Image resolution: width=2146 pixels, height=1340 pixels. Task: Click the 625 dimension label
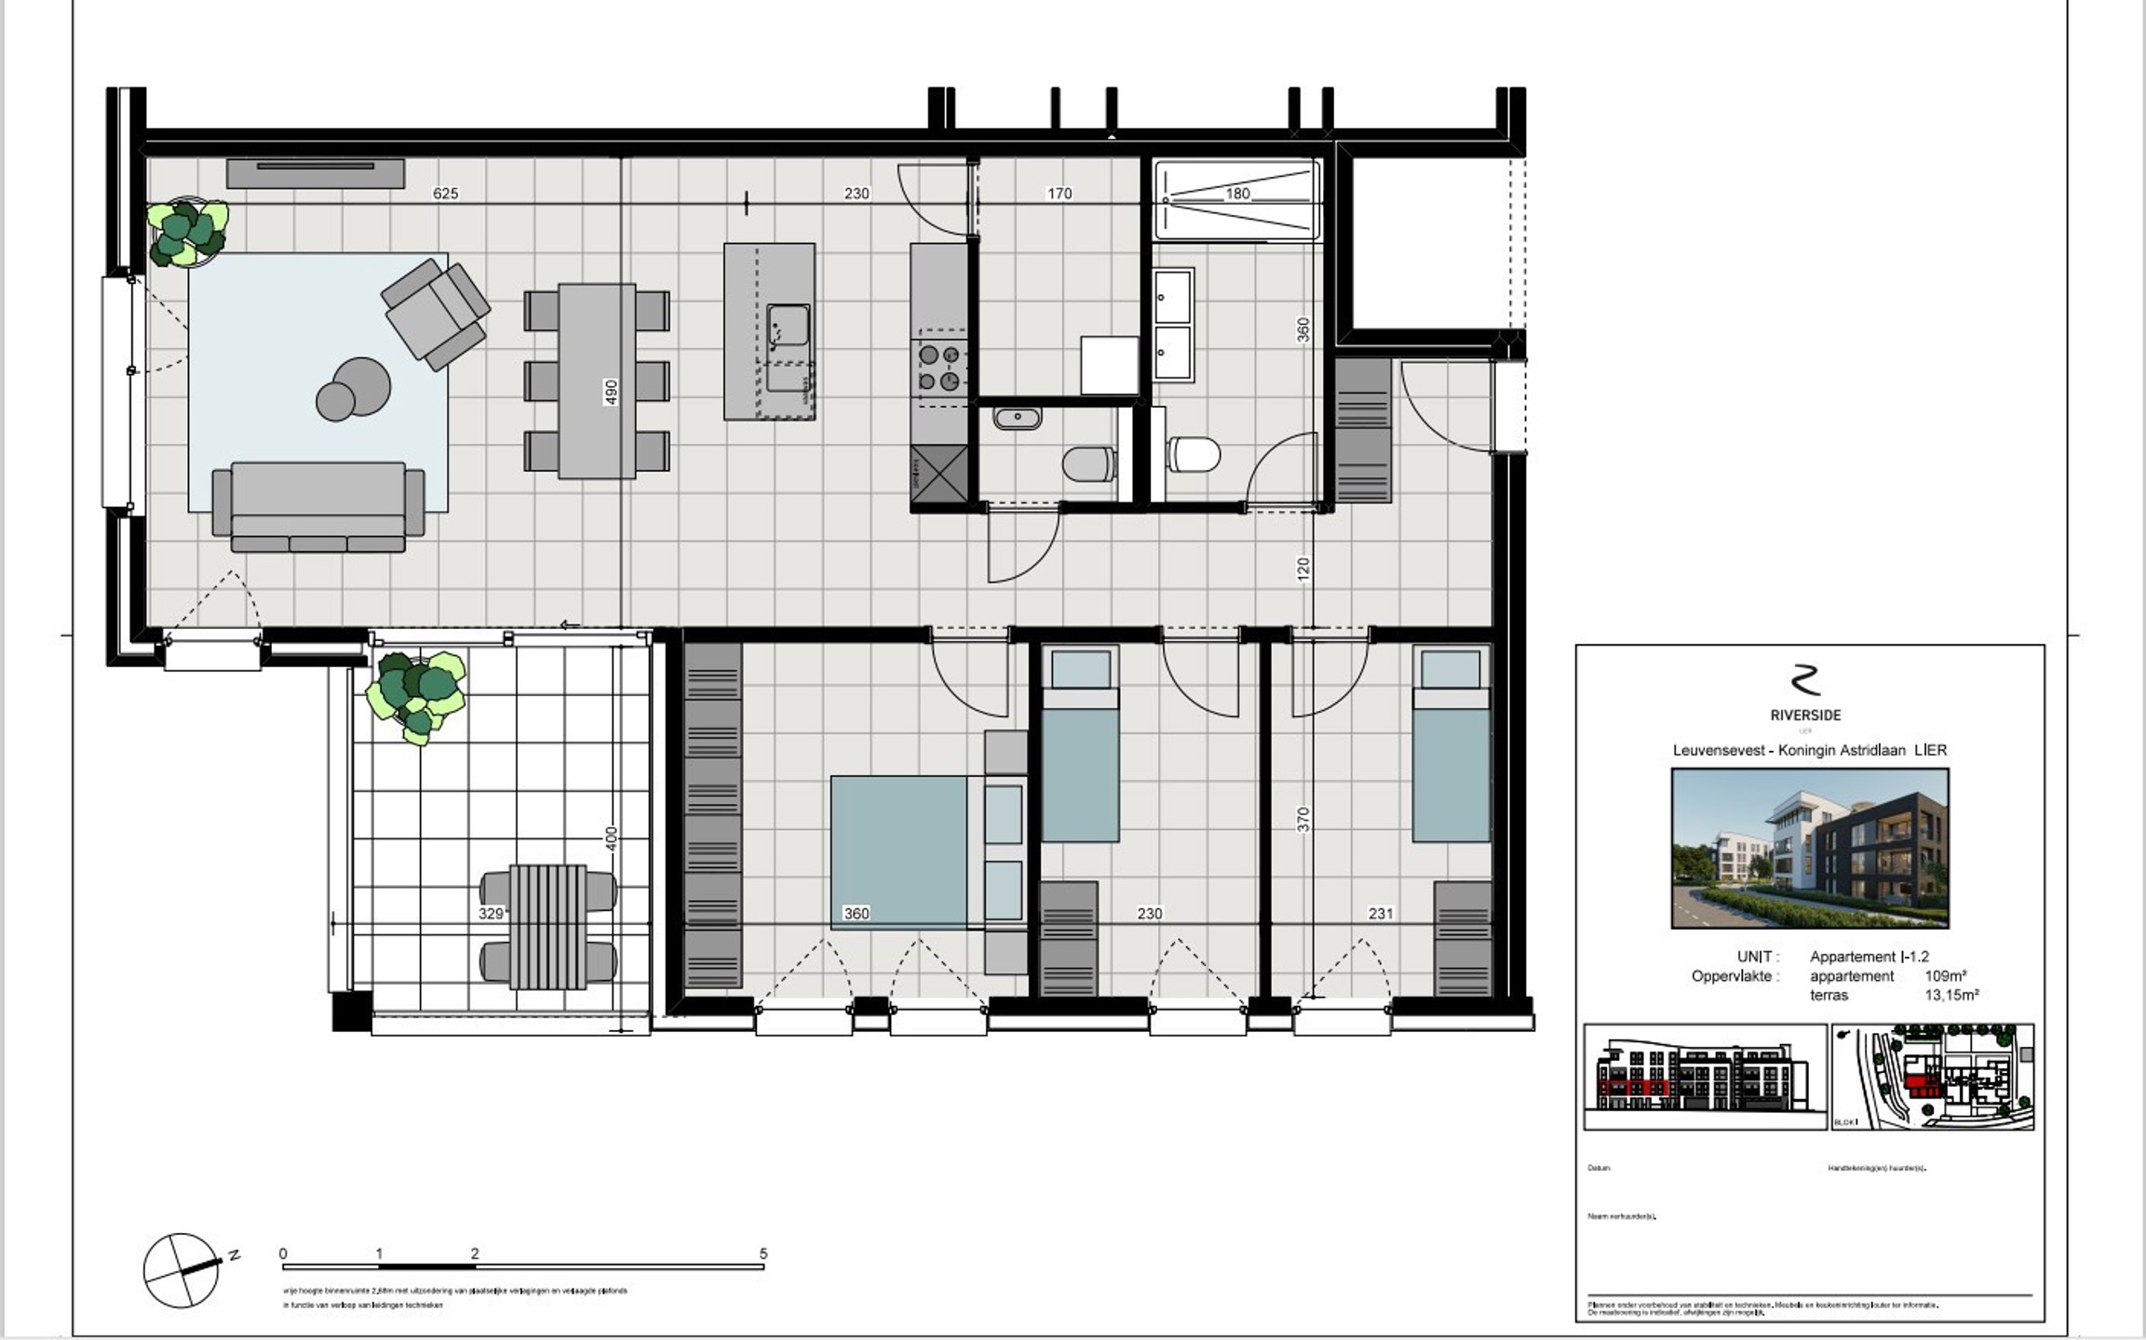coord(445,194)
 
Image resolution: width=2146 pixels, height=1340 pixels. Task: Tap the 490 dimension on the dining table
coord(611,390)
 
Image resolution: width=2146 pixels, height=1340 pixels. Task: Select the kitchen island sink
coord(788,326)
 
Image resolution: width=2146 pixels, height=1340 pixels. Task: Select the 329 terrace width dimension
coord(491,914)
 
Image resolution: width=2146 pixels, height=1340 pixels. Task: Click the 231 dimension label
coord(1380,914)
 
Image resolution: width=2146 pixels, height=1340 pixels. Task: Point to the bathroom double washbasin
coord(1172,325)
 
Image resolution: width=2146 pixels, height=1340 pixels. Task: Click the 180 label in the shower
coord(1237,194)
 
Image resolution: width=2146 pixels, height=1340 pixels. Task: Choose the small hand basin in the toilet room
coord(1018,419)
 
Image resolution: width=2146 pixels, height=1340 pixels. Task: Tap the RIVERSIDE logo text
coord(1805,716)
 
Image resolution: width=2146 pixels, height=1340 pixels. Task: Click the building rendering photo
coord(1809,848)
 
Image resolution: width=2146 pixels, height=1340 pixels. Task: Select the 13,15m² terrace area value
coord(1951,995)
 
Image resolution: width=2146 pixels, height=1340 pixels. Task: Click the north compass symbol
coord(182,1270)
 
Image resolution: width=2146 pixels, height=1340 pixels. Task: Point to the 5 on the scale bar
coord(763,1253)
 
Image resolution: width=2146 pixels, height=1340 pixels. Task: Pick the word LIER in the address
coord(1931,750)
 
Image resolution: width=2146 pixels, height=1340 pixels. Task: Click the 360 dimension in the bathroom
coord(1303,329)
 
